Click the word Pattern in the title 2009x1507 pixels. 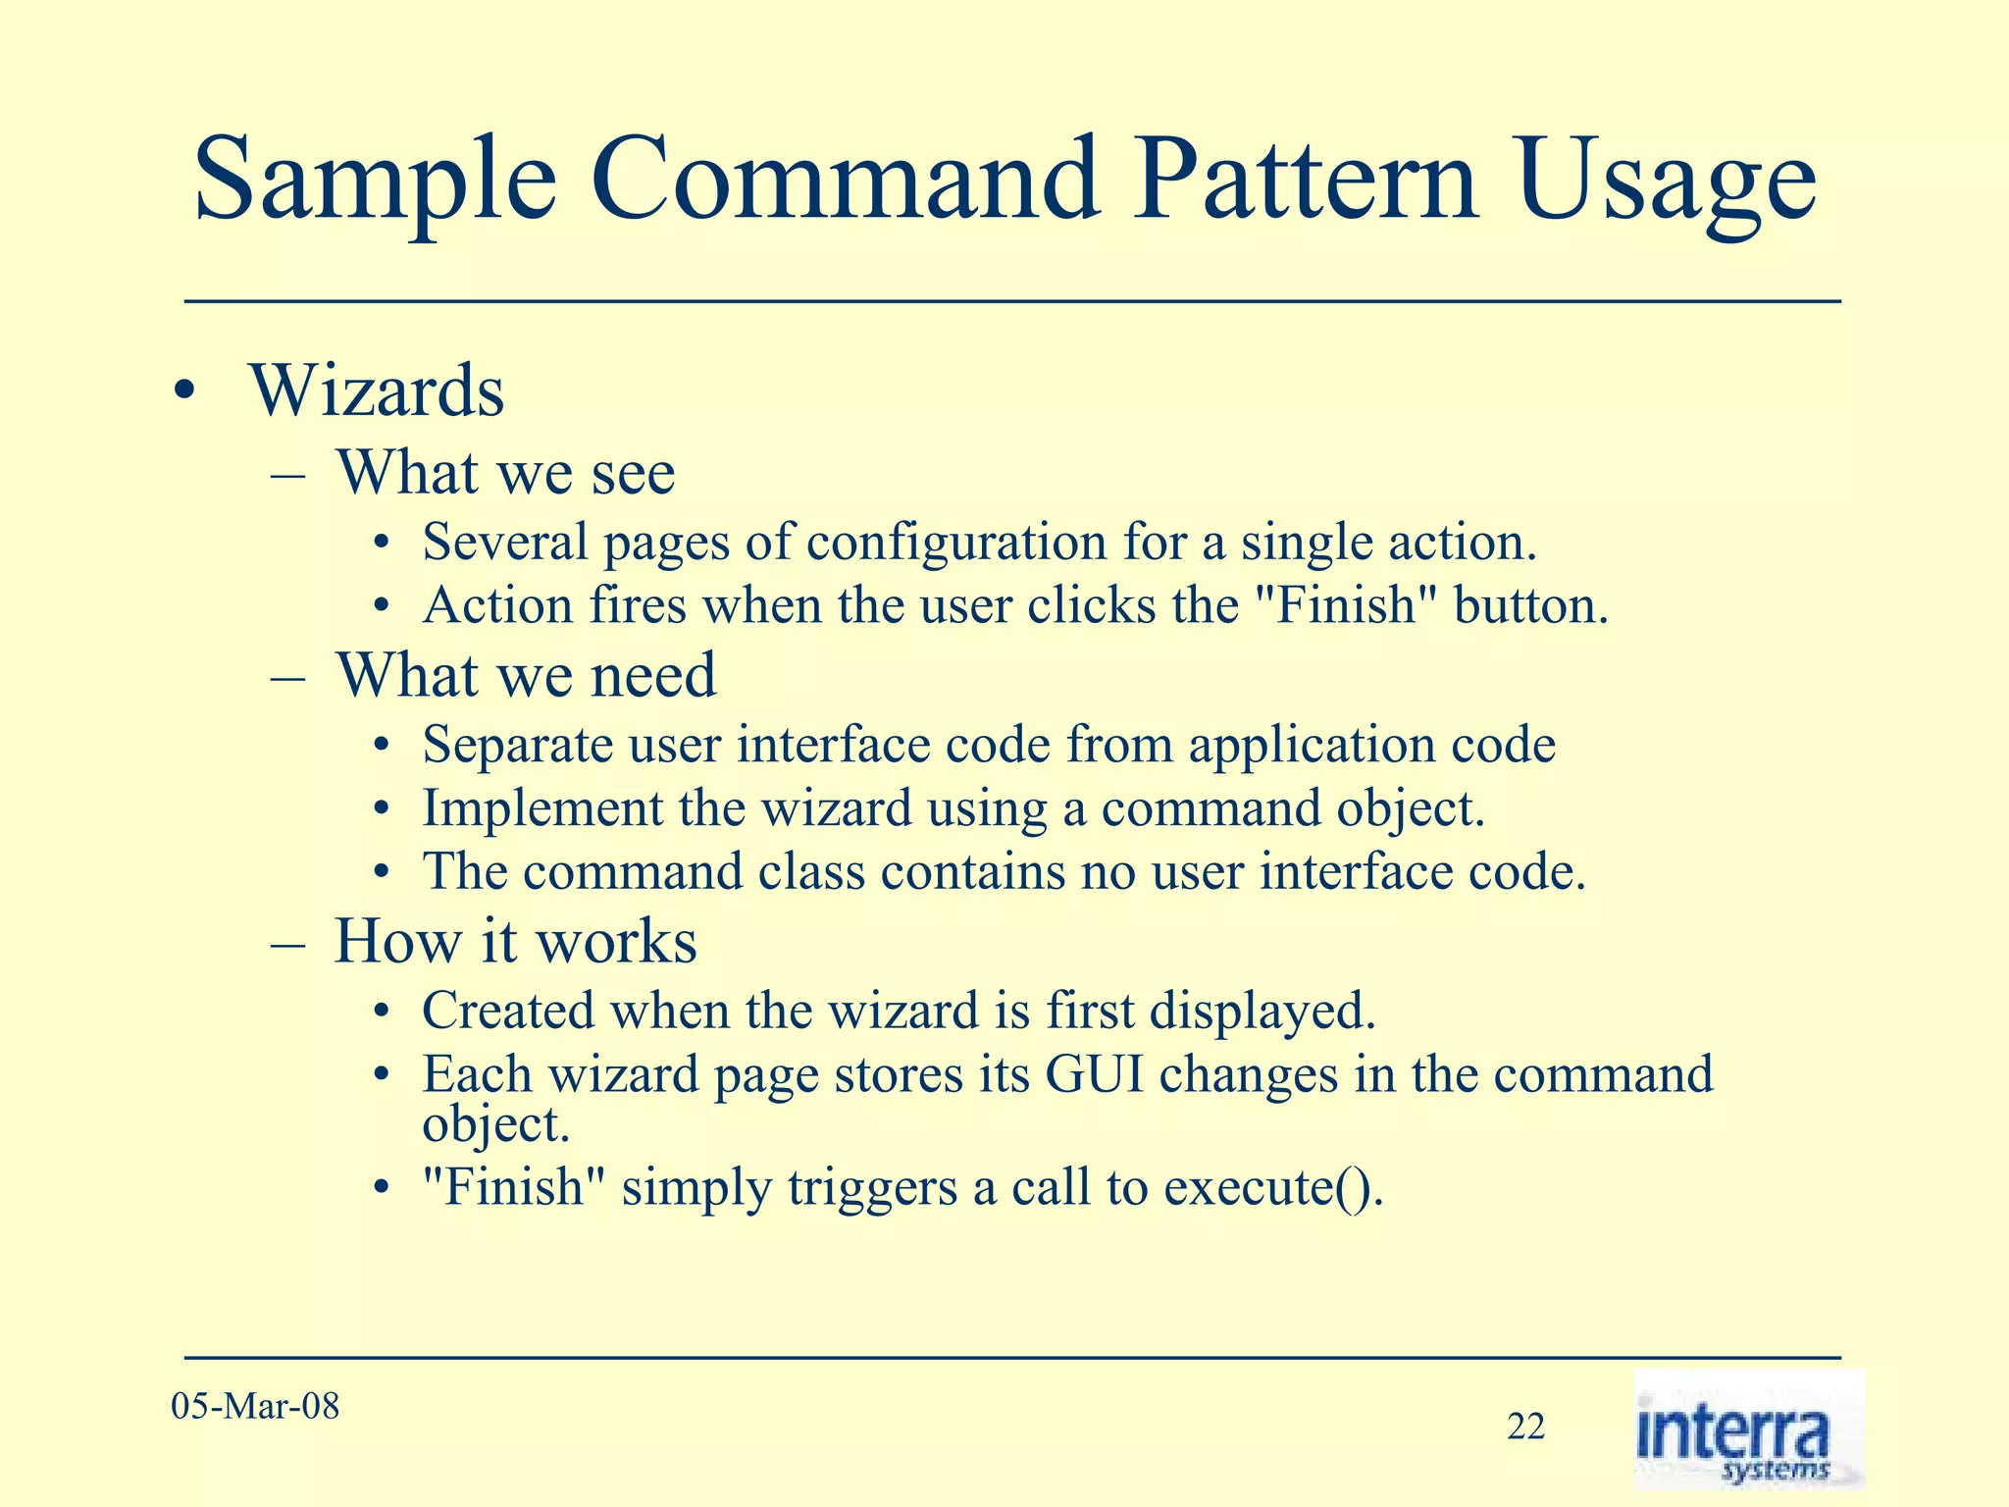pyautogui.click(x=1305, y=182)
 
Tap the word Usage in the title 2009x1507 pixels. pyautogui.click(x=1667, y=182)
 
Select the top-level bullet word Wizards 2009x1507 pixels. pyautogui.click(x=377, y=391)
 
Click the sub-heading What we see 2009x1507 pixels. pyautogui.click(x=505, y=473)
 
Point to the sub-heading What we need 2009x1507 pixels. pyautogui.click(x=526, y=676)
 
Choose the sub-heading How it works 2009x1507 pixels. pyautogui.click(x=515, y=941)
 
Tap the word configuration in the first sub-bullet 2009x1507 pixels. pyautogui.click(x=956, y=543)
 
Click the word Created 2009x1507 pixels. pyautogui.click(x=508, y=1011)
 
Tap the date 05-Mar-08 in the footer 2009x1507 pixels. pyautogui.click(x=255, y=1406)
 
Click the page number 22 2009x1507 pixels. pyautogui.click(x=1525, y=1427)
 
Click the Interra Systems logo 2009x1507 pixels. pyautogui.click(x=1747, y=1430)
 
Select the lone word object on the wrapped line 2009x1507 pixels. pyautogui.click(x=495, y=1124)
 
